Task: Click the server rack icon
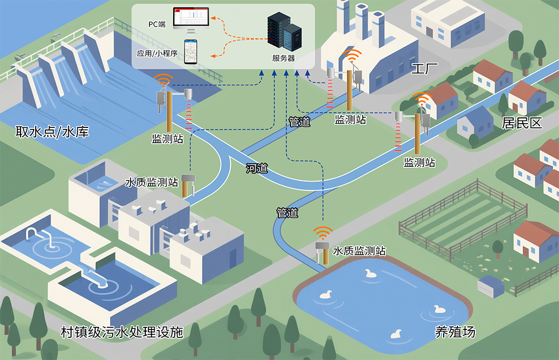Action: point(284,31)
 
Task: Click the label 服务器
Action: point(284,58)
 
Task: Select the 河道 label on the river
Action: point(257,168)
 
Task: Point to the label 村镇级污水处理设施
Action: point(122,332)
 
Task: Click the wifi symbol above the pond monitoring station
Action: point(323,233)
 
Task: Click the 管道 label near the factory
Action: point(299,122)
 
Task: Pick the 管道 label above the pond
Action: point(287,213)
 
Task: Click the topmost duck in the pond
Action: point(371,273)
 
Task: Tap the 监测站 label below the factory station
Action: point(350,120)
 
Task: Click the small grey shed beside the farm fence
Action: point(491,286)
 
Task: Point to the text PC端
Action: point(157,24)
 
